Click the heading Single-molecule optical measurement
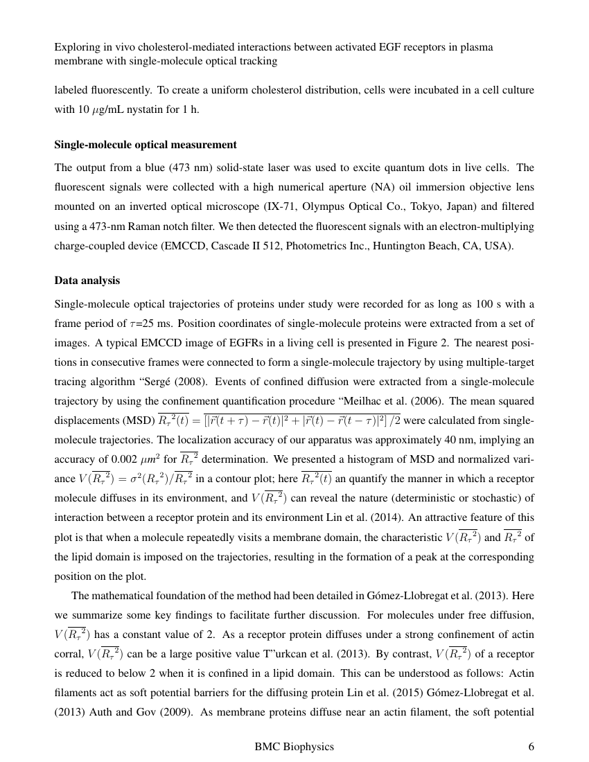click(146, 145)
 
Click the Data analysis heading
click(87, 281)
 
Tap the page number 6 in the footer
click(531, 746)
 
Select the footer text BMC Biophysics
click(294, 746)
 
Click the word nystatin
click(153, 109)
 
